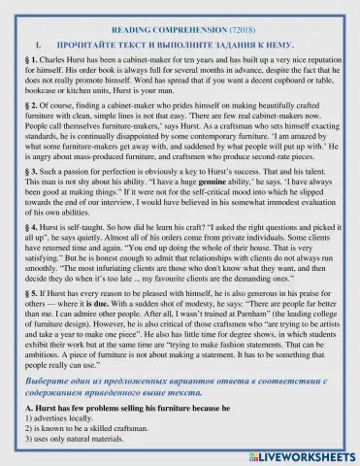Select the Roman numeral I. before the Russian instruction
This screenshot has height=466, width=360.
pos(38,46)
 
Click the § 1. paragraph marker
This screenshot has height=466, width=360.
pos(30,62)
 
